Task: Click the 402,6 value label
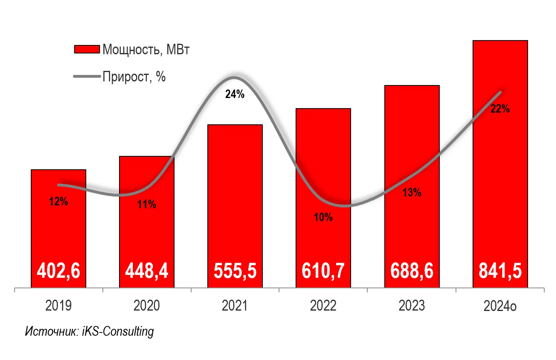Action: click(58, 271)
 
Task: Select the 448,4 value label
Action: click(147, 271)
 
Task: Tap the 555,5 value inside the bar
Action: click(235, 271)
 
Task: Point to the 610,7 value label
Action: click(323, 271)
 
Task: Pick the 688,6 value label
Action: click(412, 271)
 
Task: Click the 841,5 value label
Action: click(500, 271)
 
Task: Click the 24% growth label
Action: click(235, 94)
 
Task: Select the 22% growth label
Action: click(500, 109)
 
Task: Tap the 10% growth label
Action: click(323, 217)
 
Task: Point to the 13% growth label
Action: click(412, 192)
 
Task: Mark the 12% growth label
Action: click(58, 201)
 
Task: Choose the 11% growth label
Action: click(147, 204)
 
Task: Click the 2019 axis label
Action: click(58, 306)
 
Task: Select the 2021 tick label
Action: click(235, 306)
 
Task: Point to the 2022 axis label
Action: click(323, 306)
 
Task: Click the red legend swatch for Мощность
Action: click(87, 49)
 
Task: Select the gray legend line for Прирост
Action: click(87, 77)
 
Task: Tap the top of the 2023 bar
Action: click(412, 86)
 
